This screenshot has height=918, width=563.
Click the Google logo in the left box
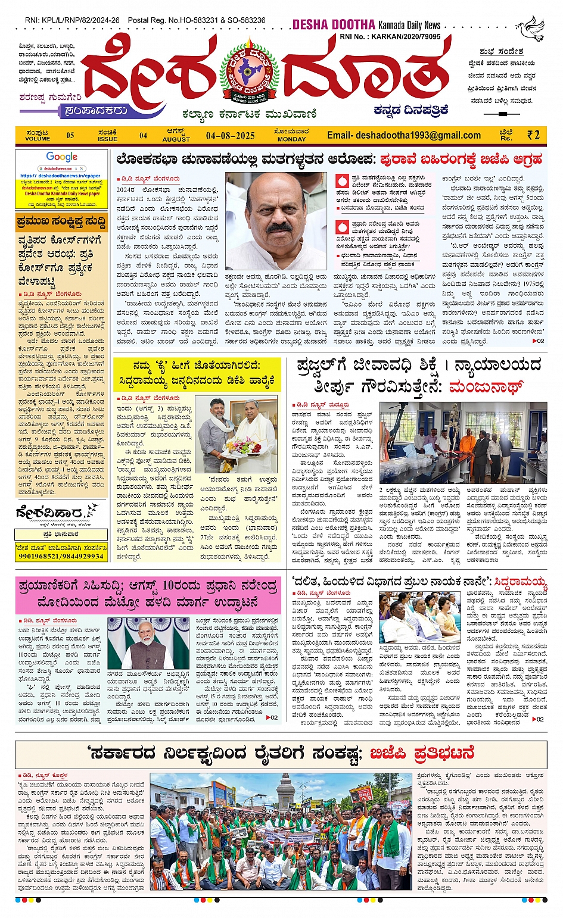[62, 157]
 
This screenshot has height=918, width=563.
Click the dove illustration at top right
[531, 28]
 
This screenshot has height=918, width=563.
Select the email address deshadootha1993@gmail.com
[403, 135]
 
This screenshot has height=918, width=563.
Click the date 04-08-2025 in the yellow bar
[230, 136]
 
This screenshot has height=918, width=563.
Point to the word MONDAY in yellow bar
[291, 139]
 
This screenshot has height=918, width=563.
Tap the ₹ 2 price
[533, 135]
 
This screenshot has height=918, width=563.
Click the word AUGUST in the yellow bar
[176, 139]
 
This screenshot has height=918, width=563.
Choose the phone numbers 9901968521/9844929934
[61, 556]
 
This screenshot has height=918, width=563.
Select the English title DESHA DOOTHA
[334, 25]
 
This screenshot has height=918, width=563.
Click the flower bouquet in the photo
[244, 445]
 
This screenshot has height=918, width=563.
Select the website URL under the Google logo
[60, 176]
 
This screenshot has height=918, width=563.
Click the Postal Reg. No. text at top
[197, 20]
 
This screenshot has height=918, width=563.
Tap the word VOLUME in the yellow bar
[38, 139]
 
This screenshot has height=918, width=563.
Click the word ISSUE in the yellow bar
[108, 139]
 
